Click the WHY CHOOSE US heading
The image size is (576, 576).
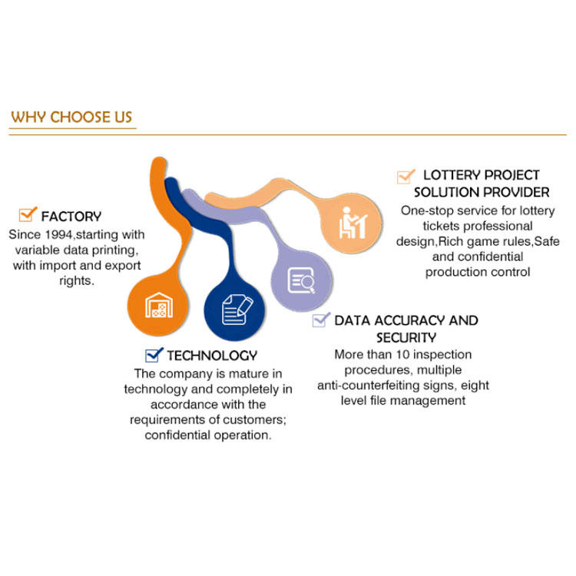(x=72, y=118)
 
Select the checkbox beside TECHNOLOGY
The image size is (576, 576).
(x=154, y=354)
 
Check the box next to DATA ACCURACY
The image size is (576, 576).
(x=321, y=319)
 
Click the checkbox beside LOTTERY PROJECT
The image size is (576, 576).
(x=406, y=176)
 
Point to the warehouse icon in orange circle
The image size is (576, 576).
(x=159, y=304)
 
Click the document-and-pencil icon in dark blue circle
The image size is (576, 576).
(x=236, y=309)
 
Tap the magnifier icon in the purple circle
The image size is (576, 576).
(x=301, y=281)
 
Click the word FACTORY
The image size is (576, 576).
(x=71, y=217)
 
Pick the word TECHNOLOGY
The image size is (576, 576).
(x=212, y=356)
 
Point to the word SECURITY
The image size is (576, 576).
(x=406, y=338)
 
